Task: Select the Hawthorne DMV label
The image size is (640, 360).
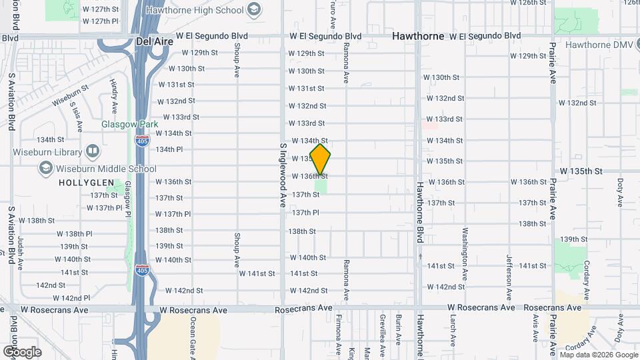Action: pyautogui.click(x=602, y=45)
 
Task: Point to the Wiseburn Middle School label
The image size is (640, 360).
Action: pyautogui.click(x=106, y=169)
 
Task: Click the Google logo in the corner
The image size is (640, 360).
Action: pyautogui.click(x=21, y=351)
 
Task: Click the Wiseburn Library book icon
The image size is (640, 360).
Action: pyautogui.click(x=92, y=152)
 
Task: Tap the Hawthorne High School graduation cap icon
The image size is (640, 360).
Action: pyautogui.click(x=253, y=9)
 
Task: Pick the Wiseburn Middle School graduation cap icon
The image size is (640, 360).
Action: pyautogui.click(x=45, y=169)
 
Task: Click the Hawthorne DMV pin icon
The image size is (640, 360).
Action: pyautogui.click(x=557, y=45)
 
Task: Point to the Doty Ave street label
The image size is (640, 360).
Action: pyautogui.click(x=620, y=191)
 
